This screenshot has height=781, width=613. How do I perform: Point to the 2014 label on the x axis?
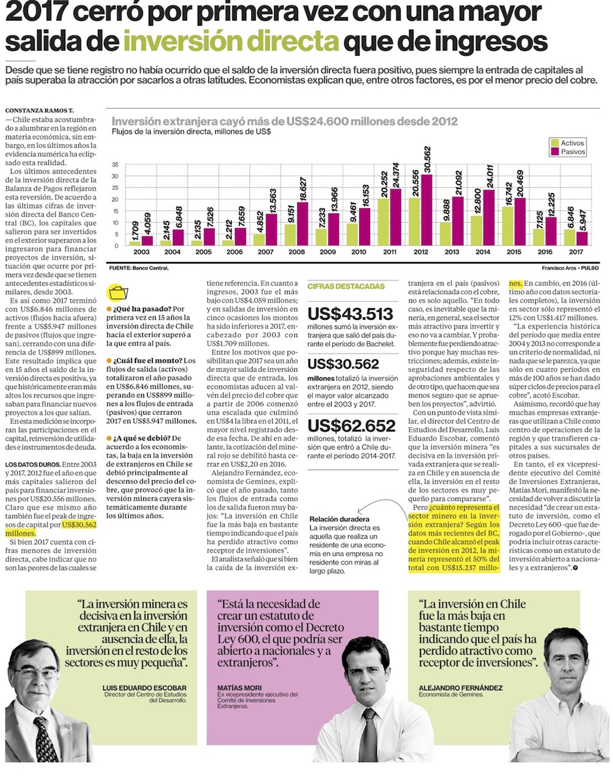click(483, 252)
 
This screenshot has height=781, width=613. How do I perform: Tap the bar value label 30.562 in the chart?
click(427, 160)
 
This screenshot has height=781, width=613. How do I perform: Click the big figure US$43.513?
click(350, 314)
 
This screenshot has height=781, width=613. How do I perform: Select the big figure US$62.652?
click(351, 426)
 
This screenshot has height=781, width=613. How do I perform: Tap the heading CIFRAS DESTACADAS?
click(346, 286)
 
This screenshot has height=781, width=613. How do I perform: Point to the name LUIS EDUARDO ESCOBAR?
click(145, 688)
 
